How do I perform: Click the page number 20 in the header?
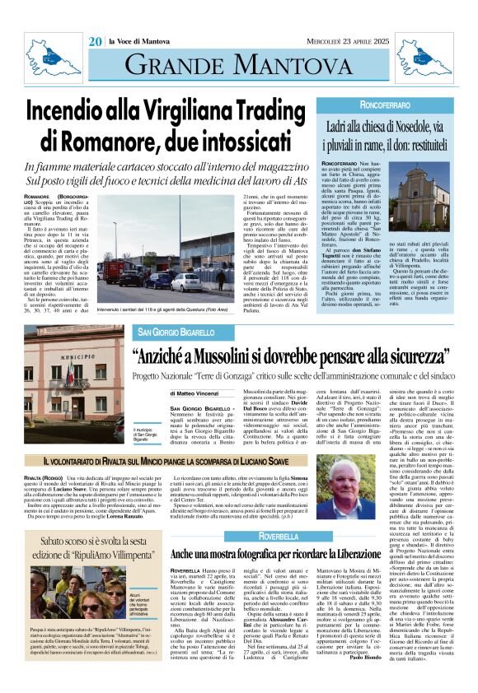(96, 41)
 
